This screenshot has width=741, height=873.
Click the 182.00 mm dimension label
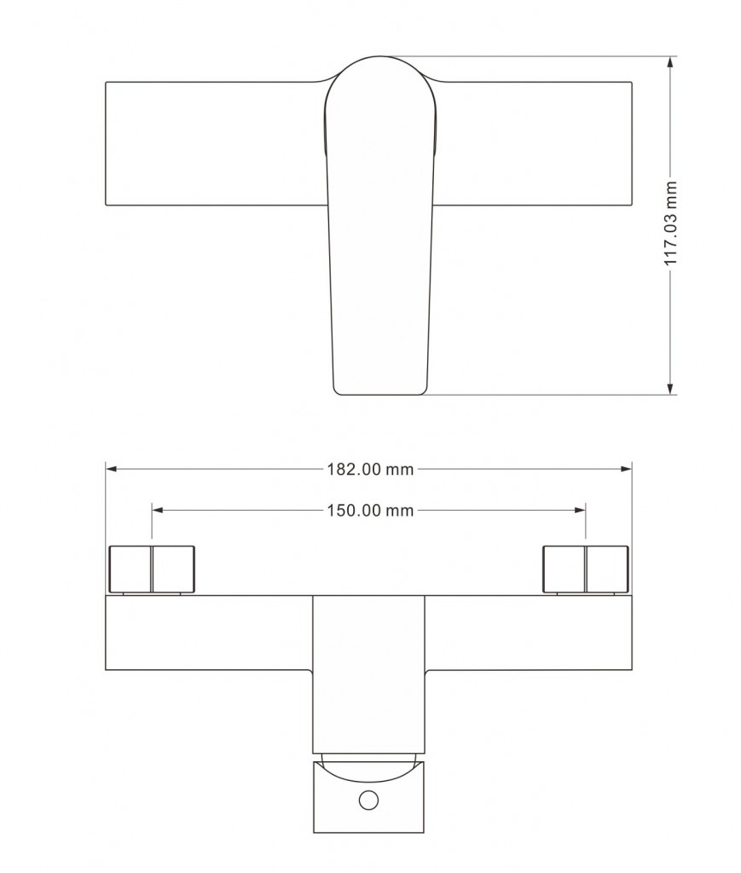point(370,470)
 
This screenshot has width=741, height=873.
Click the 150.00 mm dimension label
point(370,510)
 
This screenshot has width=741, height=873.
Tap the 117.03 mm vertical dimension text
point(671,223)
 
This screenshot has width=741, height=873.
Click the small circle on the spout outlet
point(368,800)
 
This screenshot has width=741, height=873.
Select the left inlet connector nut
point(152,569)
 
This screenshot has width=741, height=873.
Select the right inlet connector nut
point(586,569)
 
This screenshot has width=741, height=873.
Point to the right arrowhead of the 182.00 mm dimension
point(627,470)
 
